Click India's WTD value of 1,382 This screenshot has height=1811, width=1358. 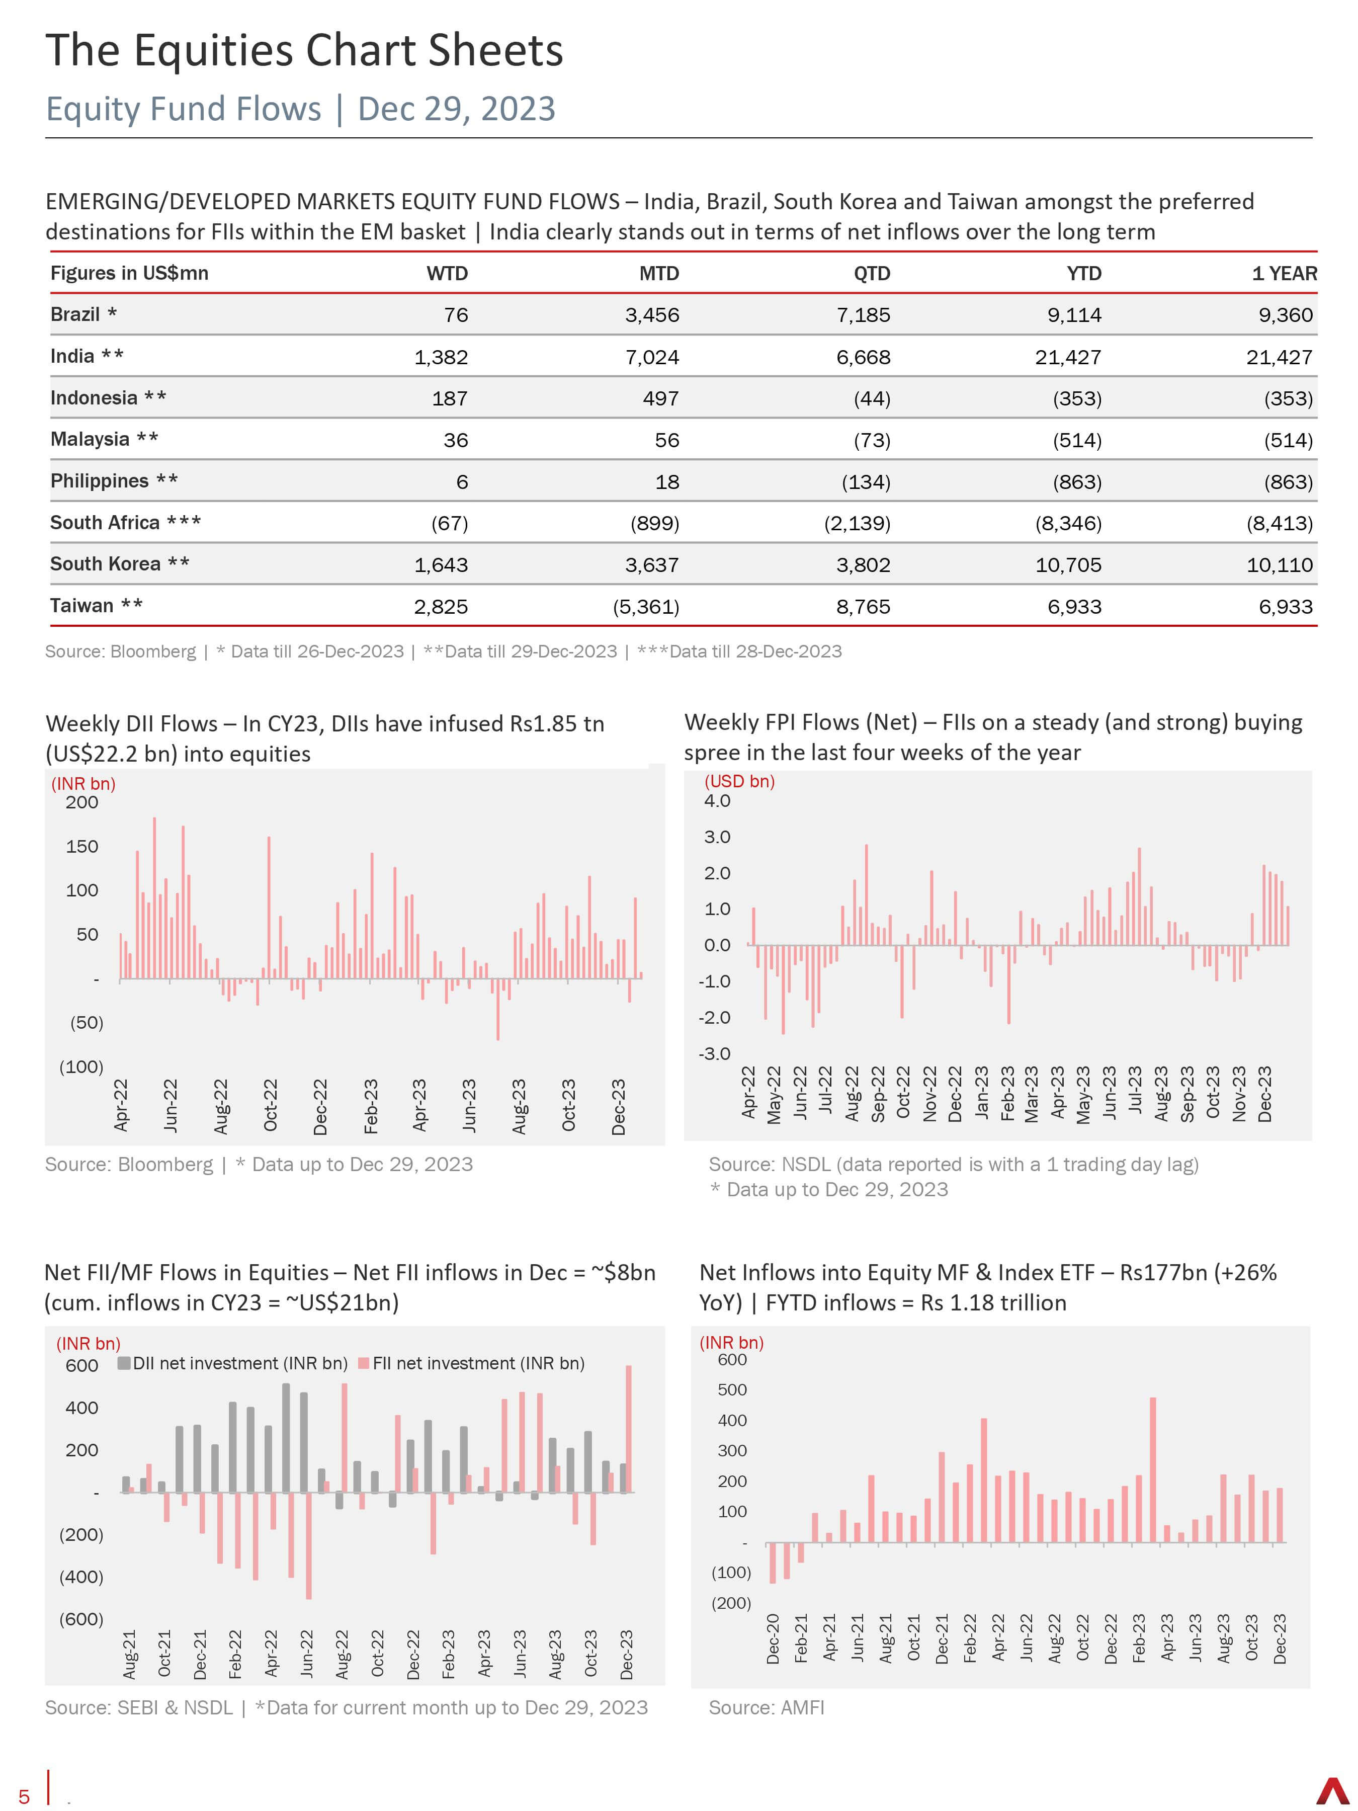441,357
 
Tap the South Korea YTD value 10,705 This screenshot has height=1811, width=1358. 1068,565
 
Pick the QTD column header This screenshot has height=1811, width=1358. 872,274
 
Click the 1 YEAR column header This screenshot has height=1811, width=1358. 1285,274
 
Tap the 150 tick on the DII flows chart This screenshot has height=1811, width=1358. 82,847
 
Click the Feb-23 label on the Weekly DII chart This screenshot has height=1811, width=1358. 371,1106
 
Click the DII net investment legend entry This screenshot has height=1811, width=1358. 233,1363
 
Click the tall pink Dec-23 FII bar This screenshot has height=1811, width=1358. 629,1429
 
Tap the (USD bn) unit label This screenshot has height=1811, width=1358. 739,781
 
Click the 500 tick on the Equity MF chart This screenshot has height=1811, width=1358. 733,1390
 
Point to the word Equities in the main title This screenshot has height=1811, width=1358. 214,51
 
